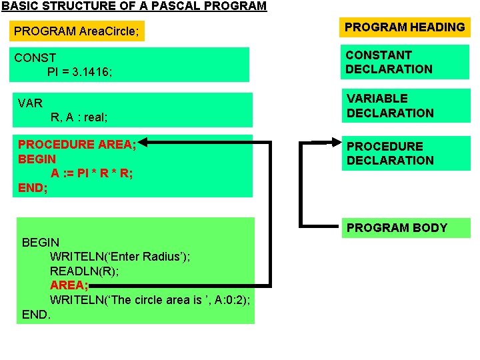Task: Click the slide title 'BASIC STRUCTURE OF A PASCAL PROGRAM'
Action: click(133, 7)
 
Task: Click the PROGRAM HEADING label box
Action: click(405, 27)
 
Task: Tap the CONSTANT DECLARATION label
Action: click(389, 62)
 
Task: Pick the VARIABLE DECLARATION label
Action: click(390, 105)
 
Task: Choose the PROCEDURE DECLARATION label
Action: click(390, 153)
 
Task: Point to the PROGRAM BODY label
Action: click(397, 228)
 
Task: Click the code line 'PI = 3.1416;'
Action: click(79, 72)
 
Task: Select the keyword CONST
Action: click(35, 58)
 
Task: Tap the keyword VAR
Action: click(30, 103)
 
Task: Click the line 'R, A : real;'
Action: click(79, 117)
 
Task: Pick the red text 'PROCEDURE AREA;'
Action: click(77, 145)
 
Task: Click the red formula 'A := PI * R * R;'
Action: click(91, 173)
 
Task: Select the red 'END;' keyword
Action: click(33, 188)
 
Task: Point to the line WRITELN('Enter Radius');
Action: click(119, 257)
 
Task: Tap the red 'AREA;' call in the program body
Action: click(69, 285)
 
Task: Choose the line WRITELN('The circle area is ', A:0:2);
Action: click(150, 300)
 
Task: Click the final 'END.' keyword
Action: click(36, 313)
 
